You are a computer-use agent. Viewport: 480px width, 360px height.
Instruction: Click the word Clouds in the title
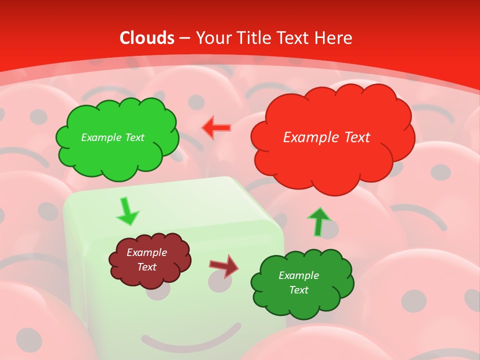point(147,38)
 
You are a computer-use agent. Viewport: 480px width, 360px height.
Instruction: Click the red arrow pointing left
point(216,128)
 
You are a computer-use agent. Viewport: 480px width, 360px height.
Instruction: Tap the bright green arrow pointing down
point(127,211)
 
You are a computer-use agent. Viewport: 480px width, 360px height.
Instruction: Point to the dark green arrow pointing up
point(318,221)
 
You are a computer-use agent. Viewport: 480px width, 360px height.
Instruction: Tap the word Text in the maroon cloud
point(146,267)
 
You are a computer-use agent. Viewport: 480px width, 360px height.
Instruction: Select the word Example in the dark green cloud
point(298,275)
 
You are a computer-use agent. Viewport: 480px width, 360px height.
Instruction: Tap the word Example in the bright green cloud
point(100,137)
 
